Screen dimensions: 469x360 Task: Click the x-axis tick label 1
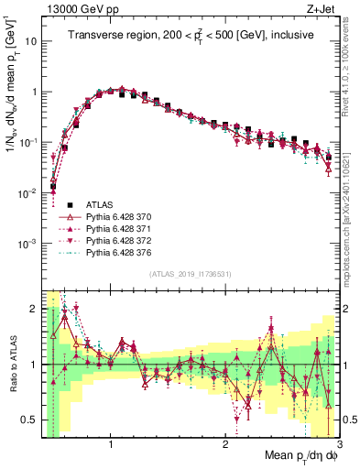point(110,443)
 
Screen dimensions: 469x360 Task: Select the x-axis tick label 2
point(224,443)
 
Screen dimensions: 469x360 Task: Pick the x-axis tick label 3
point(338,443)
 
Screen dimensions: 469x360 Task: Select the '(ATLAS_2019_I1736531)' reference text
point(191,273)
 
